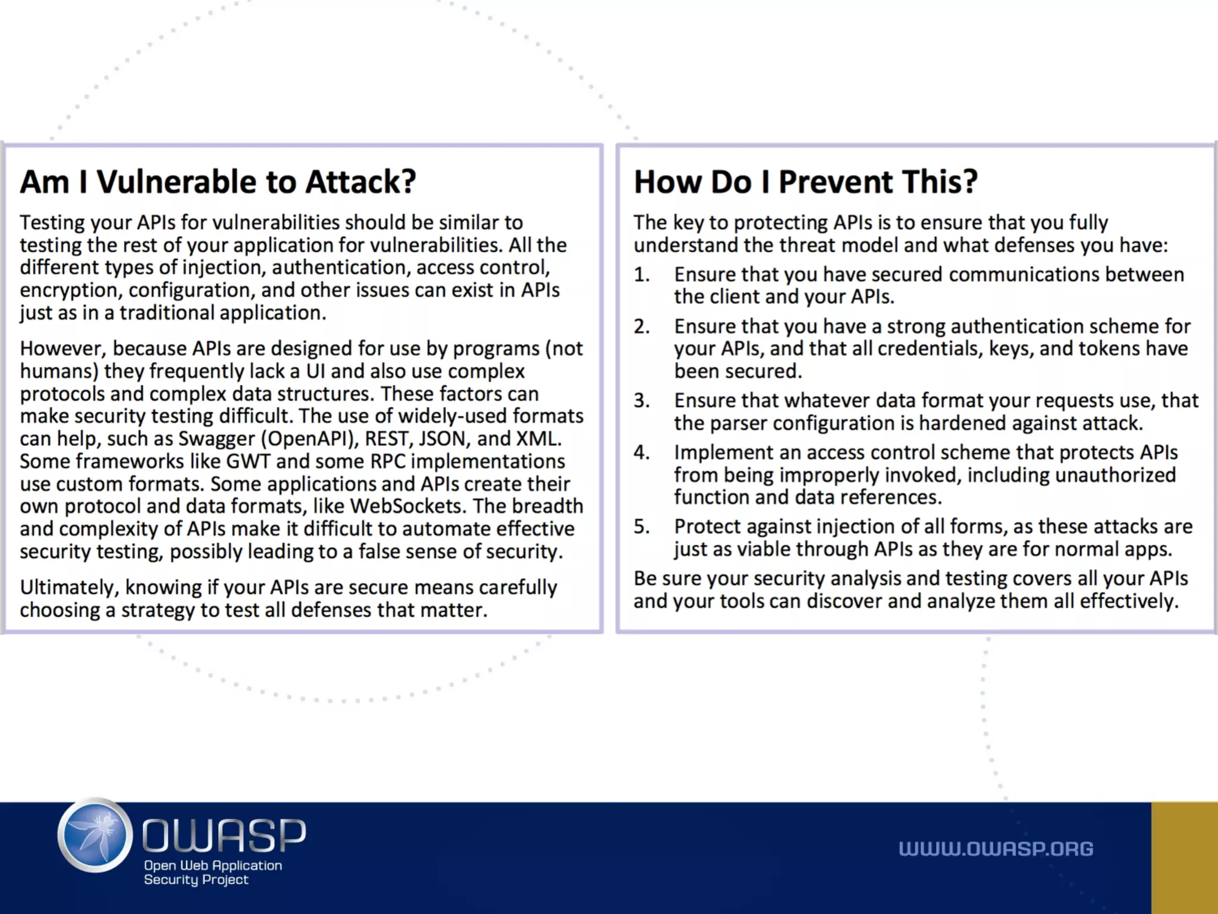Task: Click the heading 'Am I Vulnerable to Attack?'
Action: [218, 181]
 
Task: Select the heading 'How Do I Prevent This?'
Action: [805, 181]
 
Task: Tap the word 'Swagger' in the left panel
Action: [216, 439]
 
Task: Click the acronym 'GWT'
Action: [248, 462]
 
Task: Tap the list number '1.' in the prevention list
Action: [642, 275]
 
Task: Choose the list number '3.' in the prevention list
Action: [642, 401]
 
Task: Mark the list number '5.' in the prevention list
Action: [642, 527]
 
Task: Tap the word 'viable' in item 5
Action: [764, 550]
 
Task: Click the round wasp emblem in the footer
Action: [95, 835]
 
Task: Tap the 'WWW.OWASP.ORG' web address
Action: [996, 849]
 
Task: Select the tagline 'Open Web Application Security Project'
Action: [212, 872]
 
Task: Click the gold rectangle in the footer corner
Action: [1184, 857]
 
